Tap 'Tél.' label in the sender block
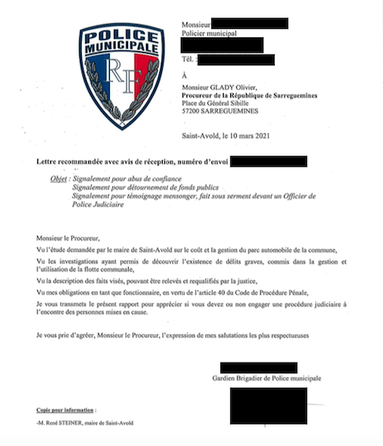pos(189,59)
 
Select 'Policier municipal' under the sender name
pos(209,33)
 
